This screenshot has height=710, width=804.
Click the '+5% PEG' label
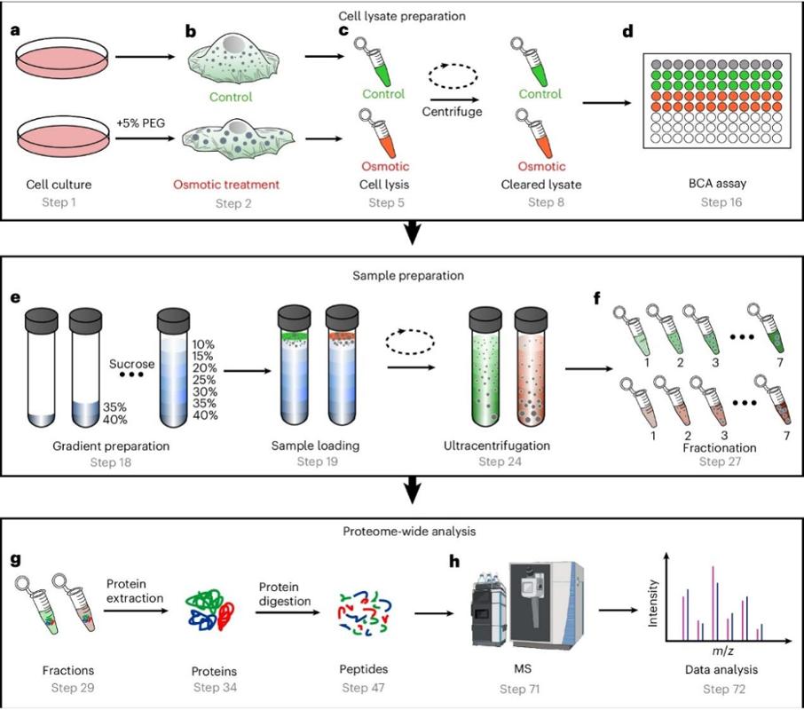[141, 123]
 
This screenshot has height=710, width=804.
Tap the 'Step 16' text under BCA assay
[721, 202]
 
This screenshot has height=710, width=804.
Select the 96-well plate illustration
[717, 101]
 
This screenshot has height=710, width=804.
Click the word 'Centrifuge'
[453, 111]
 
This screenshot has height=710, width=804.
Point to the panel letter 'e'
[15, 297]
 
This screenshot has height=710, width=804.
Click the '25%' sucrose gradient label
[204, 380]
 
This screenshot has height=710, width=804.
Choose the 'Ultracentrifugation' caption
[497, 446]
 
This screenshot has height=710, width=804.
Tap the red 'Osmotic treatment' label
[226, 185]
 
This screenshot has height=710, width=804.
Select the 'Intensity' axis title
[652, 603]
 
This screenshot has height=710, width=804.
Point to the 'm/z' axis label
[723, 651]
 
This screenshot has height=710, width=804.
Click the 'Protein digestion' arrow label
[285, 594]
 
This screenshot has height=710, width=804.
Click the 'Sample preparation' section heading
[408, 275]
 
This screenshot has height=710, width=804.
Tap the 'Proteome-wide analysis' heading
[409, 531]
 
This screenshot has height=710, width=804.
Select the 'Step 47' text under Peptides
[363, 688]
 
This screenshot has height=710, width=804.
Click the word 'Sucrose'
[131, 364]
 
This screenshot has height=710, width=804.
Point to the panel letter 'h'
[454, 561]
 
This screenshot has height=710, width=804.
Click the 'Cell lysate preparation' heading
[402, 16]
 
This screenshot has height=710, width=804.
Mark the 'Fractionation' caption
[720, 447]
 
